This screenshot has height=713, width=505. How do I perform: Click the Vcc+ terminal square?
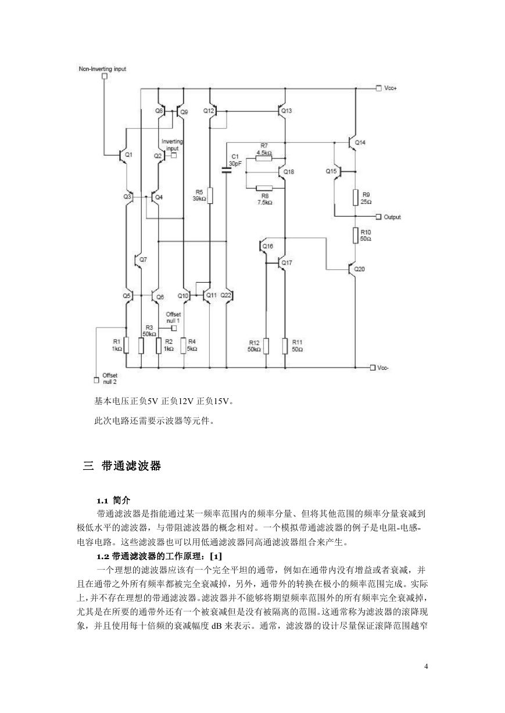378,88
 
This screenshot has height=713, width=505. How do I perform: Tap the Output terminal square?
378,217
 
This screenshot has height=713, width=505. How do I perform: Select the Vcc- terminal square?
373,368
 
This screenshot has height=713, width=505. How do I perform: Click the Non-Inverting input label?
102,69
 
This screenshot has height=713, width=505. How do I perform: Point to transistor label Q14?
360,143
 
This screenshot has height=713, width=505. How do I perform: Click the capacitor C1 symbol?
227,171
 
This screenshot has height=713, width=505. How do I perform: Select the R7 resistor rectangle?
264,158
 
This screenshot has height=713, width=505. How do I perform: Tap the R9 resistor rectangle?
356,197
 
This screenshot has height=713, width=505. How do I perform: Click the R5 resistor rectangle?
210,196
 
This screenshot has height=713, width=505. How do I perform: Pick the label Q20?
359,269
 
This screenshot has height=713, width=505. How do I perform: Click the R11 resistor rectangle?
285,346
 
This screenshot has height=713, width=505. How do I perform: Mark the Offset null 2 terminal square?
96,380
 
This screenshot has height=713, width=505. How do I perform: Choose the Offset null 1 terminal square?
174,328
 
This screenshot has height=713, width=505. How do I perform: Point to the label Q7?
143,260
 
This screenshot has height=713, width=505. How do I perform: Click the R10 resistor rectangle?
356,236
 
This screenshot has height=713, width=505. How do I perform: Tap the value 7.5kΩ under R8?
265,203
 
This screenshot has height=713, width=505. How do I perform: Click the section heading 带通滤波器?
131,466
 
